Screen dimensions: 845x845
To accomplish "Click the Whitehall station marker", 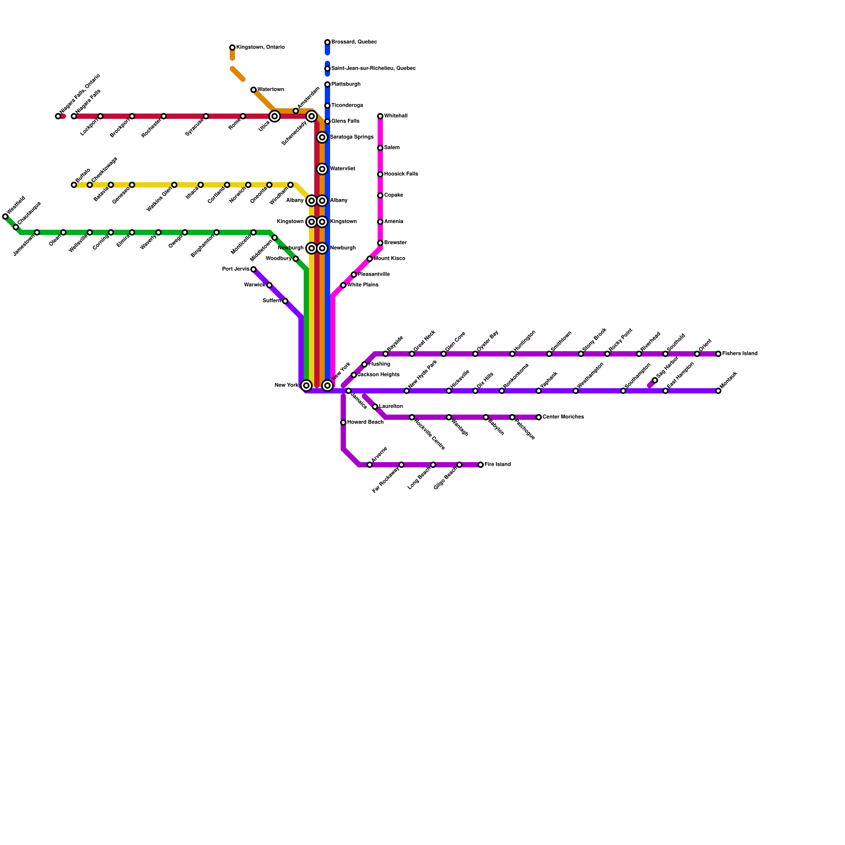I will pyautogui.click(x=380, y=116).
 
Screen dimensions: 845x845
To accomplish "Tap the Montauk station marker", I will pyautogui.click(x=718, y=391).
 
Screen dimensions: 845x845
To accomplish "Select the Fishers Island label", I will pyautogui.click(x=740, y=354).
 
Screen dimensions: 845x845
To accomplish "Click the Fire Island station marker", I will pyautogui.click(x=481, y=465).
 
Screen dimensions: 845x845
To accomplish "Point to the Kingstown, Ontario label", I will pyautogui.click(x=260, y=48).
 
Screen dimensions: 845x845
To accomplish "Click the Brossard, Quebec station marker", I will pyautogui.click(x=327, y=42).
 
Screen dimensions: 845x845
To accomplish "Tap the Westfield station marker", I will pyautogui.click(x=5, y=217).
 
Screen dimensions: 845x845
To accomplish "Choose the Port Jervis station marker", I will pyautogui.click(x=253, y=269).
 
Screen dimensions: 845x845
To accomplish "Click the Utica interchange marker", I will pyautogui.click(x=275, y=116).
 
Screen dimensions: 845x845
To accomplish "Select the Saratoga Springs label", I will pyautogui.click(x=352, y=137).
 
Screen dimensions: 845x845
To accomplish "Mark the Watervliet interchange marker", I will pyautogui.click(x=322, y=169).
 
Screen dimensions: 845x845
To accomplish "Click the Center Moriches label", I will pyautogui.click(x=563, y=417).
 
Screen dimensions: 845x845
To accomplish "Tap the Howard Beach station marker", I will pyautogui.click(x=343, y=422).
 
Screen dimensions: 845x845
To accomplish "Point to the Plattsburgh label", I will pyautogui.click(x=346, y=84).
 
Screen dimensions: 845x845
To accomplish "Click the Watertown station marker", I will pyautogui.click(x=253, y=90).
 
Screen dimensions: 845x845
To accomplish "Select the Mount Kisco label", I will pyautogui.click(x=389, y=259).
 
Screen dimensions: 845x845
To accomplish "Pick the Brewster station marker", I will pyautogui.click(x=380, y=243).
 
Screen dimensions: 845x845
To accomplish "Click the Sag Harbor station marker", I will pyautogui.click(x=655, y=380).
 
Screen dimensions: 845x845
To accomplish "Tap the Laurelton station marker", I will pyautogui.click(x=375, y=407).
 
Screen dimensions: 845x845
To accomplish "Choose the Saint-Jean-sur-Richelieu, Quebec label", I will pyautogui.click(x=373, y=69).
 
